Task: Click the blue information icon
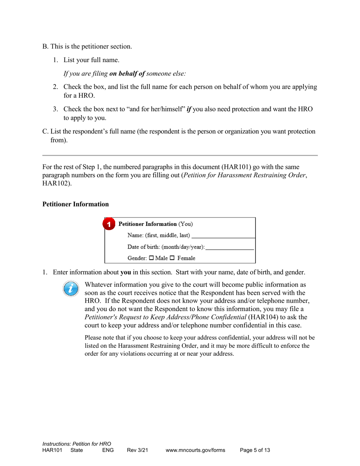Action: tap(71, 289)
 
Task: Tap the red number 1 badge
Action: tap(109, 224)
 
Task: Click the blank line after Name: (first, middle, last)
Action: tap(223, 236)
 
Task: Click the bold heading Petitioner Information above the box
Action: tap(75, 204)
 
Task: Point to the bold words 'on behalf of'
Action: tap(127, 74)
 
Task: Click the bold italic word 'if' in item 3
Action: tap(189, 109)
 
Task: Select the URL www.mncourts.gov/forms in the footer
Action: tap(195, 450)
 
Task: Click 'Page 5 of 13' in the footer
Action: tap(255, 450)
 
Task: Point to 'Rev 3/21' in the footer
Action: tap(137, 450)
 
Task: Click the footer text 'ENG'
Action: tap(108, 450)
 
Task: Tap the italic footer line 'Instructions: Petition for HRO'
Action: tap(77, 444)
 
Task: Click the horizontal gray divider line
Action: tap(180, 155)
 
